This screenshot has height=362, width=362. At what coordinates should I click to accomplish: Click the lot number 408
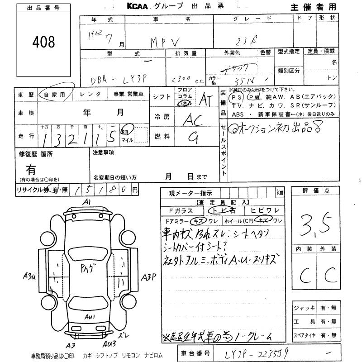tap(44, 42)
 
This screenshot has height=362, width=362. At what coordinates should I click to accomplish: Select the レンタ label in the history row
tap(90, 95)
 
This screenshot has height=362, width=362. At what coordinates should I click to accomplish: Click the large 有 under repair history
tap(31, 171)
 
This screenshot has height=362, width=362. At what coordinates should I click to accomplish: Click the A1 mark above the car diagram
tap(87, 201)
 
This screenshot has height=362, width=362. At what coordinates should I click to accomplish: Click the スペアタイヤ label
tap(305, 335)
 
